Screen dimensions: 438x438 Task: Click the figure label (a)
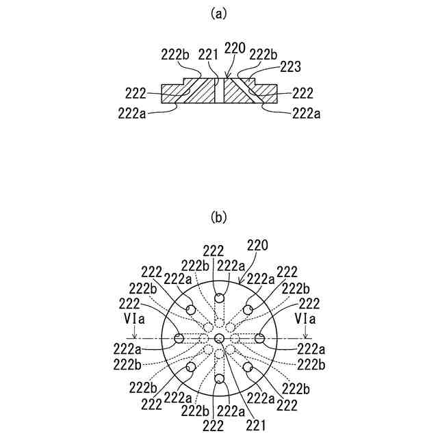tap(218, 12)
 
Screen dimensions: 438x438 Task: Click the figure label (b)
tap(218, 218)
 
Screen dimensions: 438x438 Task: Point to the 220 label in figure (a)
tap(235, 49)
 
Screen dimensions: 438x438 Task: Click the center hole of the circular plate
tap(219, 338)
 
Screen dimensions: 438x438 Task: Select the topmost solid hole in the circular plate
tap(219, 298)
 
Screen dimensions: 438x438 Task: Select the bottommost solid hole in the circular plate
tap(219, 378)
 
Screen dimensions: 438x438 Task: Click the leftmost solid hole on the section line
tap(179, 338)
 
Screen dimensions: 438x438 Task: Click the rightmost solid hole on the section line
tap(259, 338)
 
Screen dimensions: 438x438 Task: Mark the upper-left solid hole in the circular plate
tap(190, 310)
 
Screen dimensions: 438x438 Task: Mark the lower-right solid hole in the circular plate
tap(248, 368)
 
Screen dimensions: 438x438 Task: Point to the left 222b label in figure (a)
tap(175, 55)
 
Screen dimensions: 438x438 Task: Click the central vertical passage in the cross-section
tap(219, 90)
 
